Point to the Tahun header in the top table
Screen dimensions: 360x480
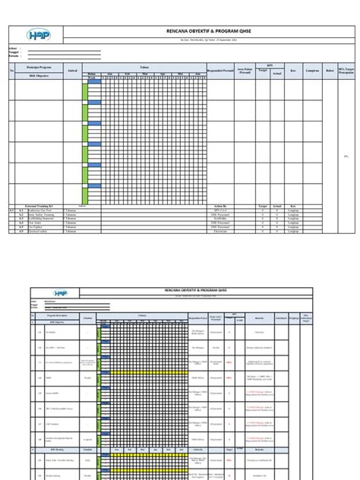[144, 66]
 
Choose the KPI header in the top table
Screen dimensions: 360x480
[267, 65]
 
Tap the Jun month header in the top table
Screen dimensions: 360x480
[197, 74]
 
